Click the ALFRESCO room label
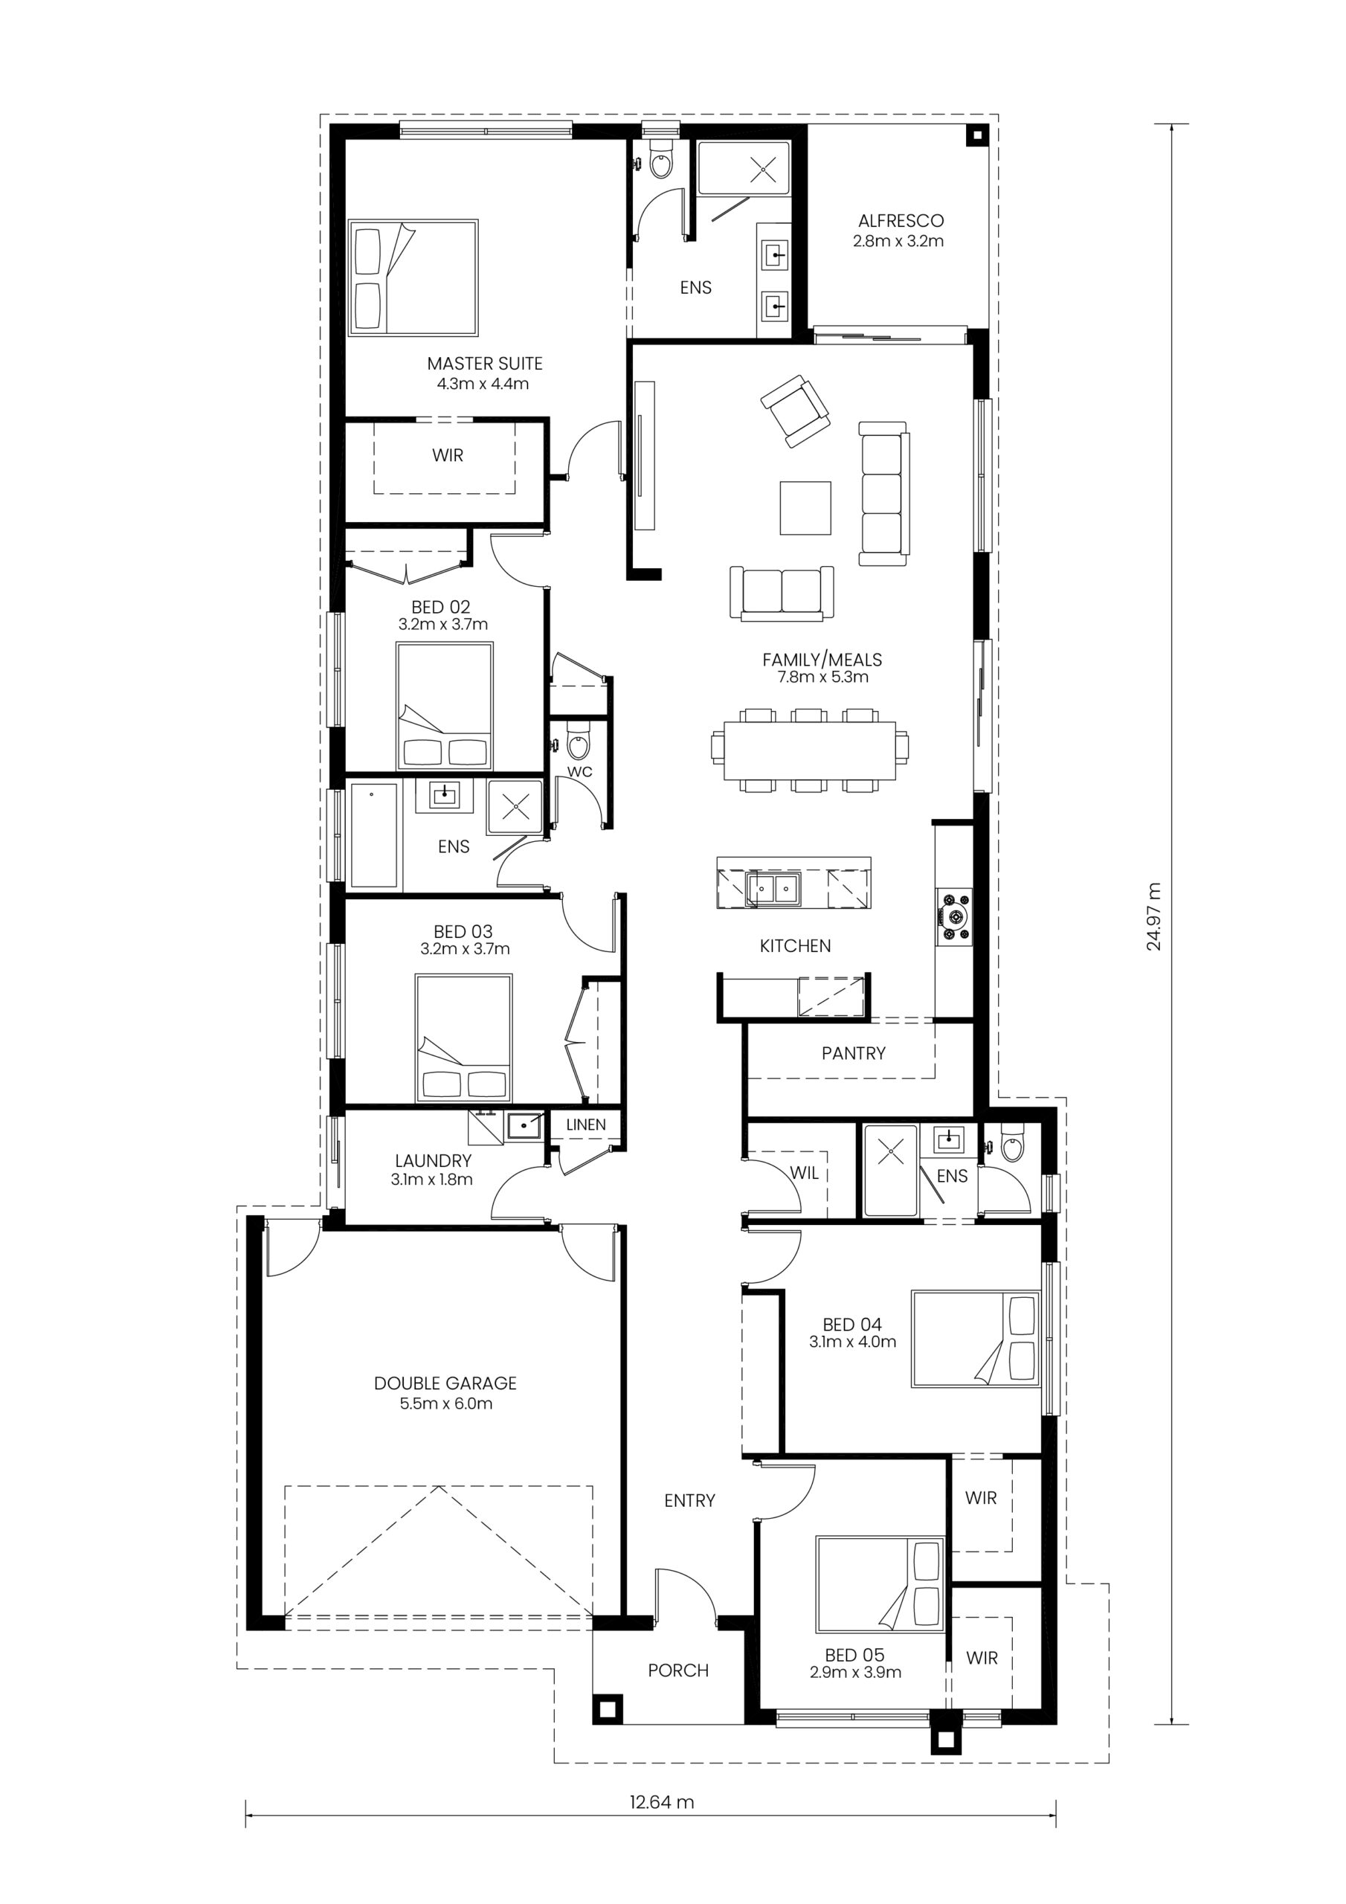pos(901,221)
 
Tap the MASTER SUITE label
pos(484,363)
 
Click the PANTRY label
pos(854,1053)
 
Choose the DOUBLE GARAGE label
pos(445,1383)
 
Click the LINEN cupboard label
pos(586,1125)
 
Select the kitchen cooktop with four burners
pos(955,917)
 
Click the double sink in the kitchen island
pos(773,889)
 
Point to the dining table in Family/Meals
pos(809,750)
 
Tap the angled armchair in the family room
pos(795,411)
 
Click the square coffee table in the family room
pos(805,508)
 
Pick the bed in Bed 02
pos(445,707)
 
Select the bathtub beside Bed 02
pos(375,835)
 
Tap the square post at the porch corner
pos(606,1709)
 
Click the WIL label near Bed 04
pos(805,1173)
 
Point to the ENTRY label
pos(689,1500)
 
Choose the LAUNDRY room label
pos(433,1161)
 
